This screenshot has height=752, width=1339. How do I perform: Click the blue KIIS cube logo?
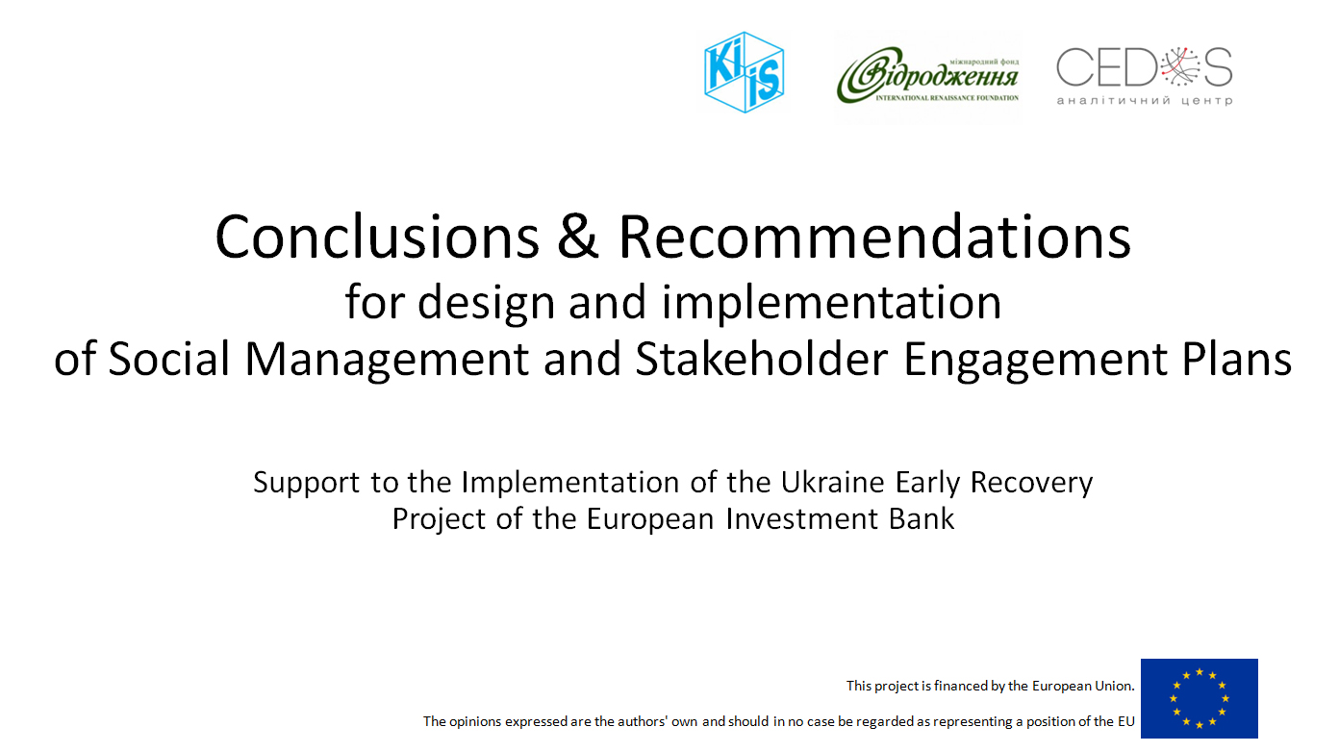click(745, 72)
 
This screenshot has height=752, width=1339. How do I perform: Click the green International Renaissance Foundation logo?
click(927, 77)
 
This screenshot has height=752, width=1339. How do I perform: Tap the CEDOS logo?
click(1144, 76)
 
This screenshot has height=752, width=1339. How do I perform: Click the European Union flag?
click(1200, 698)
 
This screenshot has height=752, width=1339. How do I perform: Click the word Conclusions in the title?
click(377, 237)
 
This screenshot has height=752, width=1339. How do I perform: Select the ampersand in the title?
click(577, 237)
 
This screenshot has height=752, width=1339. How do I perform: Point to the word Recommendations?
click(874, 237)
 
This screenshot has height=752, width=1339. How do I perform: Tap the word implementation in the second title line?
click(831, 303)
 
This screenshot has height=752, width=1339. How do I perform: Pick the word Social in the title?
click(169, 358)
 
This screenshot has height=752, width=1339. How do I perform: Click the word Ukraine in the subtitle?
click(832, 482)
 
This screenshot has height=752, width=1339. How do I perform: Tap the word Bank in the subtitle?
click(922, 518)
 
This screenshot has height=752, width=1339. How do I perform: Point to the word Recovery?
click(1031, 483)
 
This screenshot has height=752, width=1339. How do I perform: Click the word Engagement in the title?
click(1035, 360)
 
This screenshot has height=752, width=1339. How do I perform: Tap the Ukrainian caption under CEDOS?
click(1144, 101)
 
